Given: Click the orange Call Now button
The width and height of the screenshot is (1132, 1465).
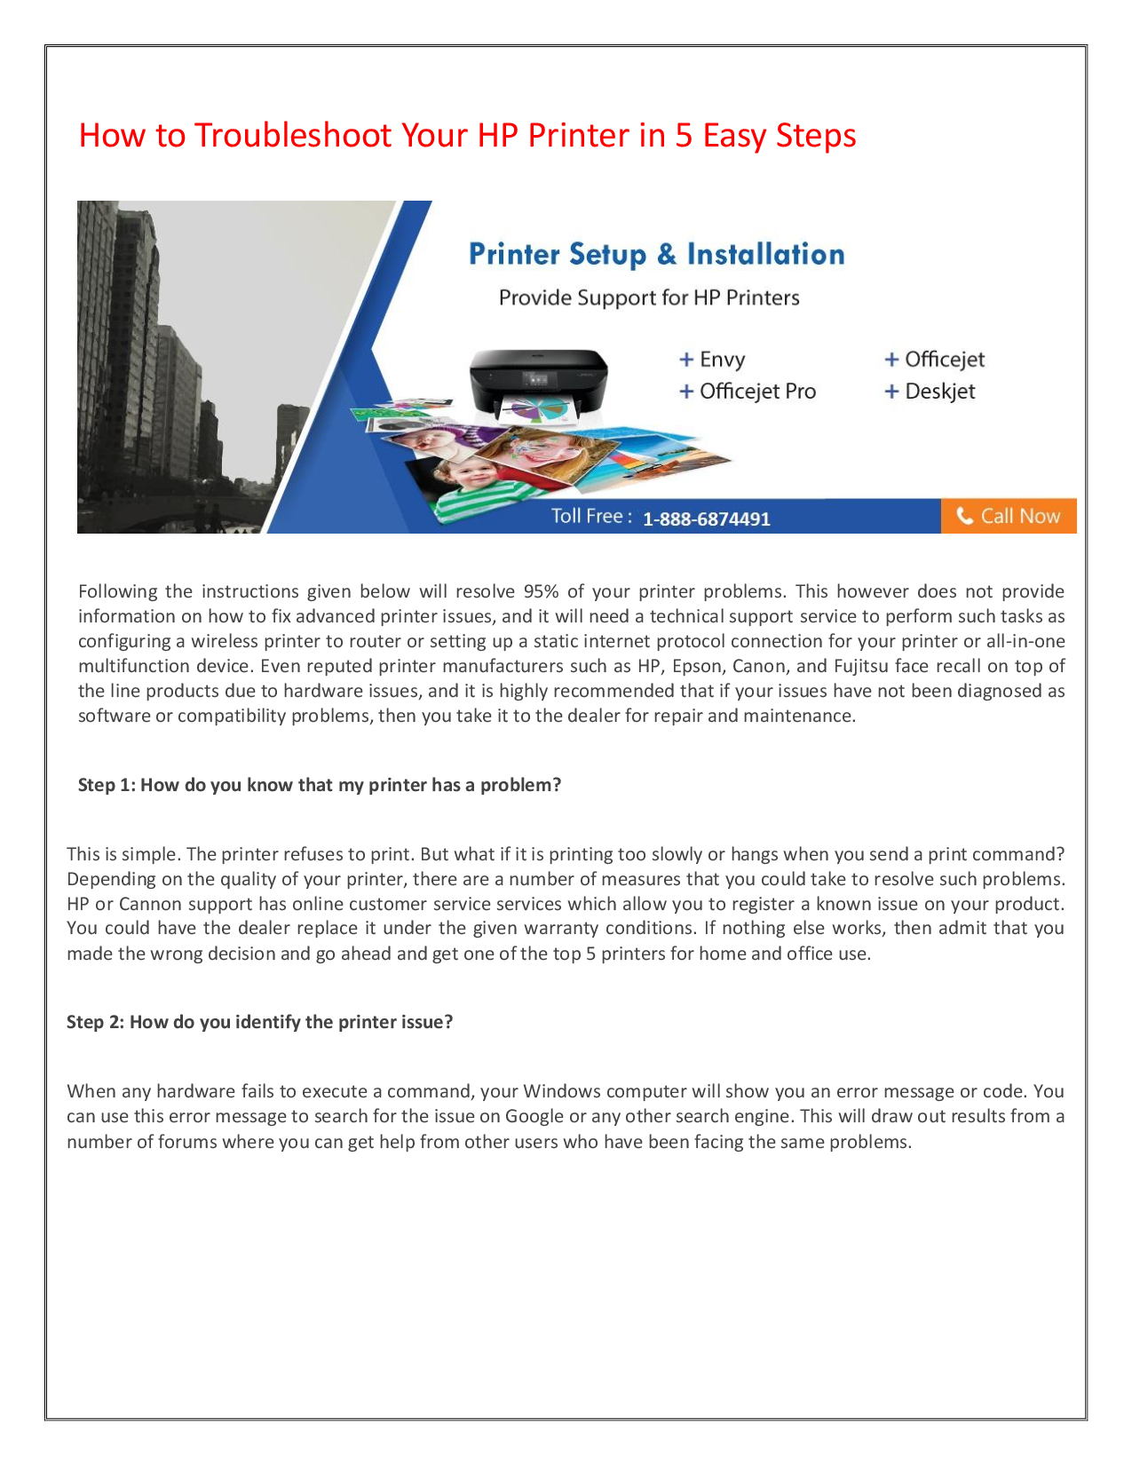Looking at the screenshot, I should (x=1009, y=516).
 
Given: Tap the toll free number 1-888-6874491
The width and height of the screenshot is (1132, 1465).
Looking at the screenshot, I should (x=706, y=519).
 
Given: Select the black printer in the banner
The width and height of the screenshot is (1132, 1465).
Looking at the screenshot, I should (x=539, y=382).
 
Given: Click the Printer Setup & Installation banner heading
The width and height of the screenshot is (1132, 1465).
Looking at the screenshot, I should (x=656, y=255).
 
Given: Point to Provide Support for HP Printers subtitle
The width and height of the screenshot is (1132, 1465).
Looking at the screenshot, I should (x=648, y=298).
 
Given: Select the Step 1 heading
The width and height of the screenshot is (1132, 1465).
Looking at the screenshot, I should (x=320, y=785).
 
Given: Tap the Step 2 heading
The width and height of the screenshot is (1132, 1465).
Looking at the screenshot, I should (x=259, y=1022).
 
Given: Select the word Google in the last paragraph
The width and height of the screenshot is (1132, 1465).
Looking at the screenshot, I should (x=534, y=1116).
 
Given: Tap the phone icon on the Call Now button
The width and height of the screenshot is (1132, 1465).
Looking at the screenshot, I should (x=964, y=516).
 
